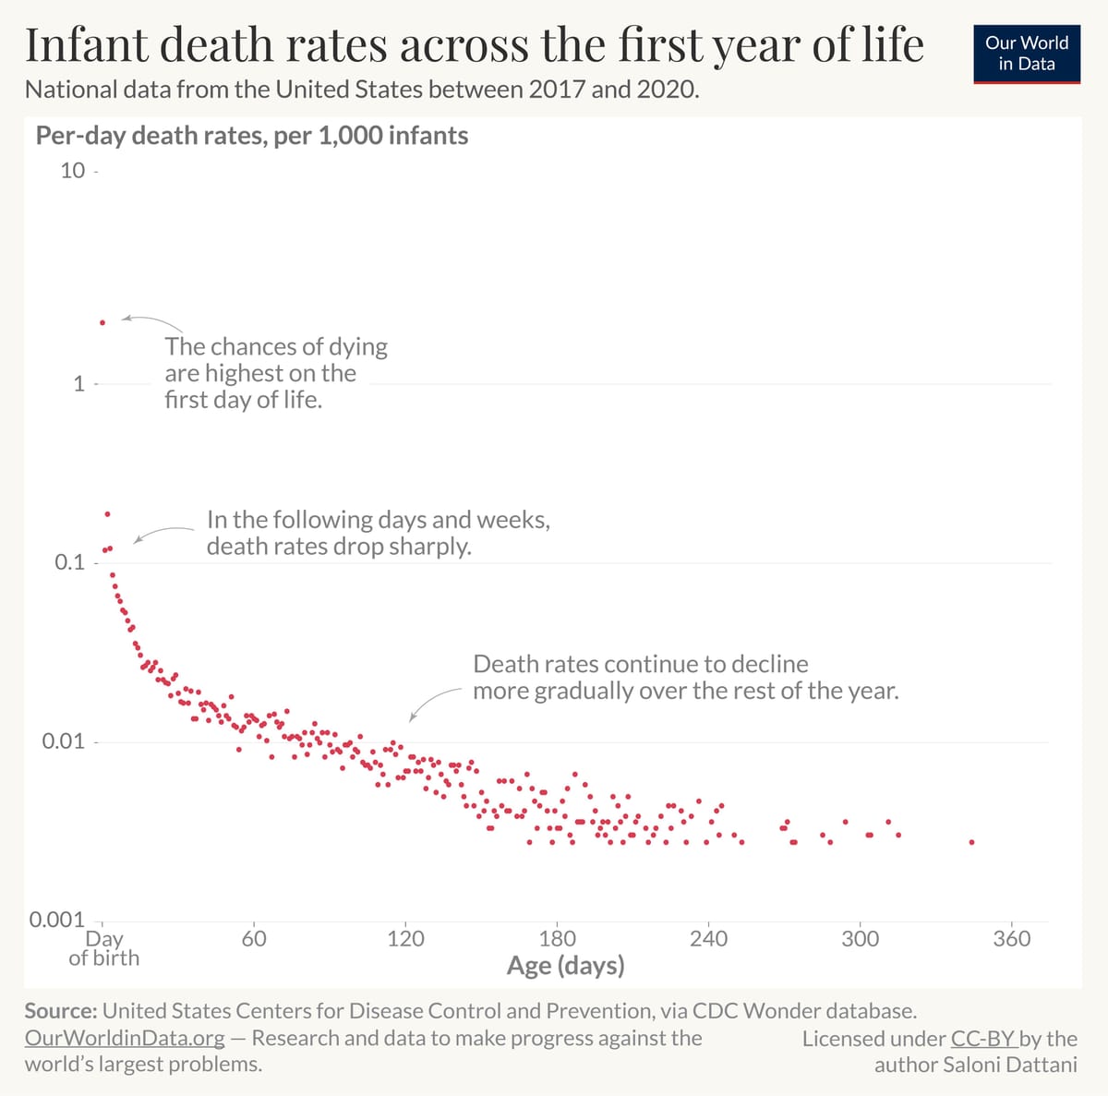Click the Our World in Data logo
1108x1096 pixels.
[1026, 54]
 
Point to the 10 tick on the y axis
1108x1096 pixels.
[72, 171]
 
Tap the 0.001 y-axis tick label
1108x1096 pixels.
[56, 920]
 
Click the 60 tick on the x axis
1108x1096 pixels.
[254, 939]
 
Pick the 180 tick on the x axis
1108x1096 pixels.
[557, 939]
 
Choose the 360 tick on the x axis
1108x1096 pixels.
[1011, 939]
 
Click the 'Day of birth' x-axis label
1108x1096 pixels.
[103, 948]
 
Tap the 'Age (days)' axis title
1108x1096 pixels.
[565, 966]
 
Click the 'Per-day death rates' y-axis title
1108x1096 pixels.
[251, 136]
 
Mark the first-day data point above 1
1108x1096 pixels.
[102, 322]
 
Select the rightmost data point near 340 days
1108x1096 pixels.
[971, 842]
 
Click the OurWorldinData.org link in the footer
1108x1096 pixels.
[125, 1038]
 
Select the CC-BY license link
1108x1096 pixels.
[983, 1039]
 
